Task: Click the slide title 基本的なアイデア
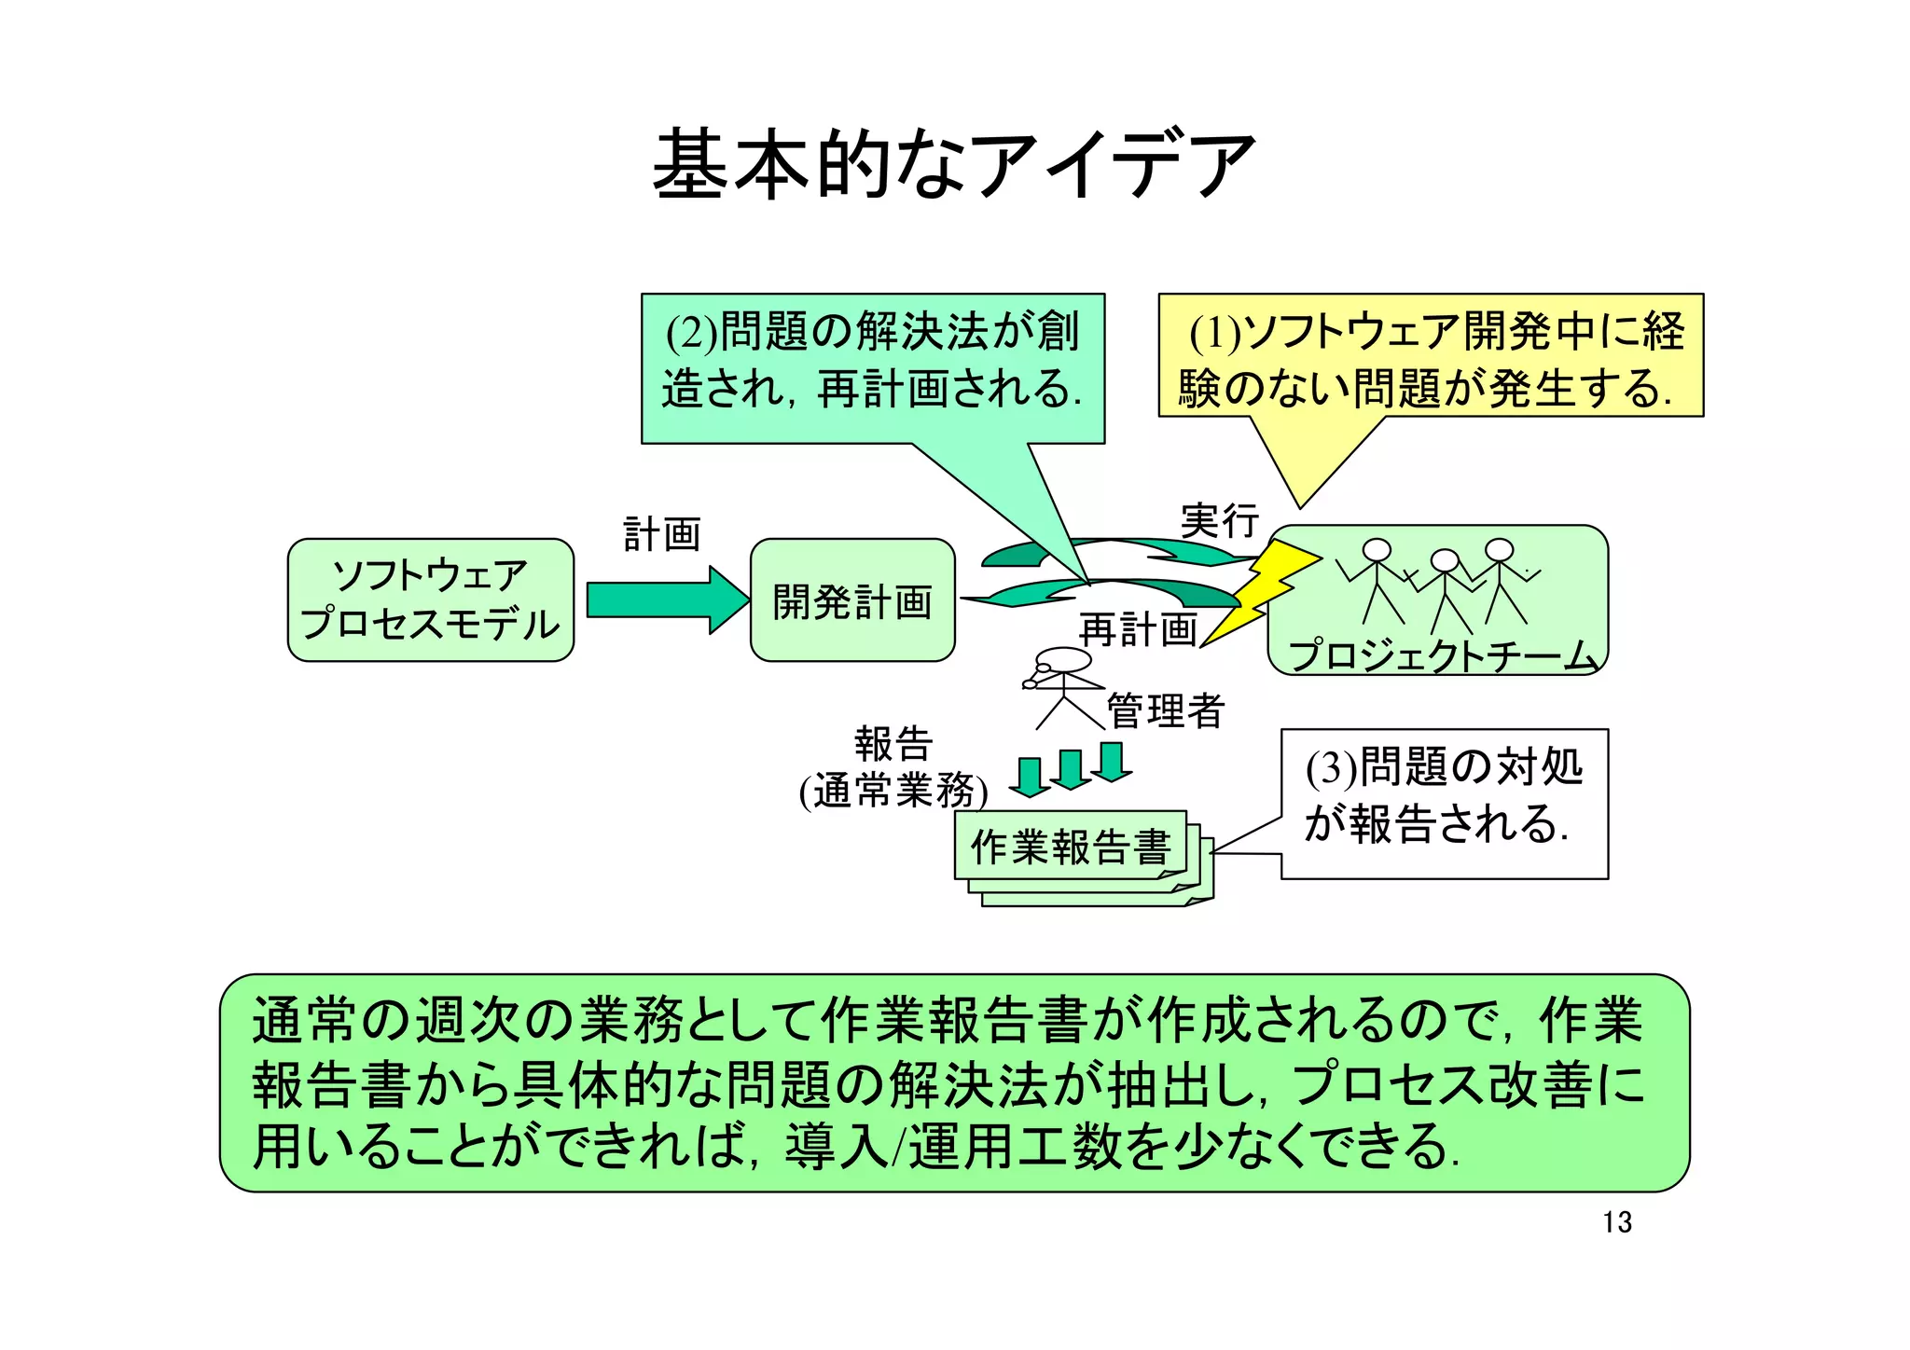(953, 165)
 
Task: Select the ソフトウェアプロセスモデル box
(430, 599)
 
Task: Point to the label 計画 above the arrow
(661, 534)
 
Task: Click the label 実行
(1219, 520)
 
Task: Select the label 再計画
(1138, 629)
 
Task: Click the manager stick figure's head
(1064, 660)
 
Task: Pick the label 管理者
(1165, 710)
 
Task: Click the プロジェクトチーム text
(1443, 654)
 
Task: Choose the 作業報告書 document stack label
(1070, 847)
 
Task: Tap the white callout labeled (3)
(1443, 803)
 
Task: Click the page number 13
(1617, 1221)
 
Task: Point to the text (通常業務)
(893, 792)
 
